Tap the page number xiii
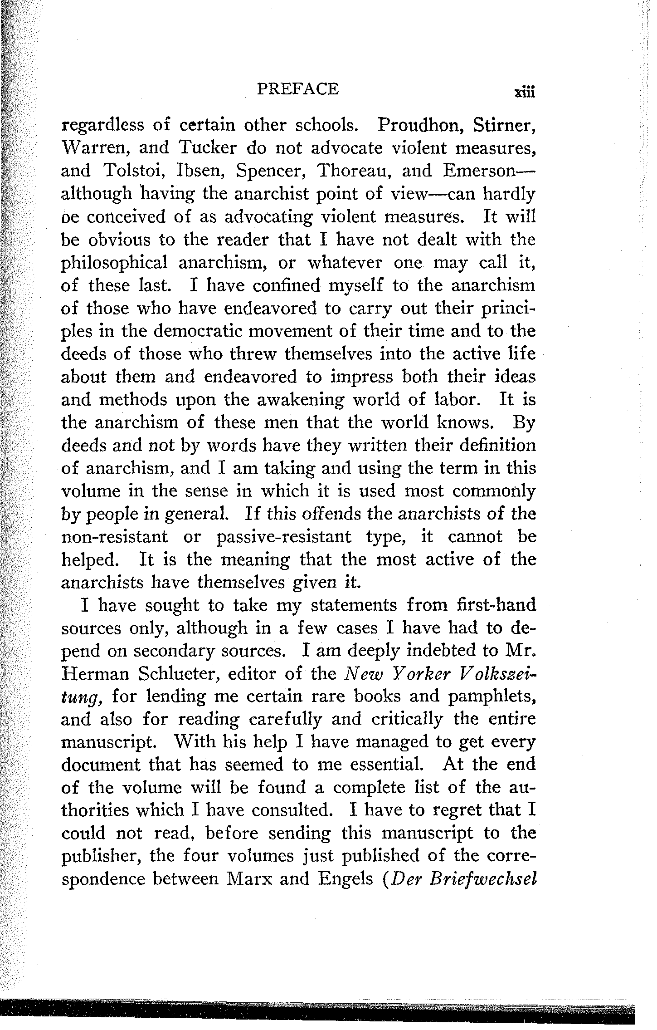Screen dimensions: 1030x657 (x=524, y=92)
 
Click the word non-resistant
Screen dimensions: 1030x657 (x=114, y=537)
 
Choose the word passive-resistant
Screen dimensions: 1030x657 (x=284, y=538)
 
